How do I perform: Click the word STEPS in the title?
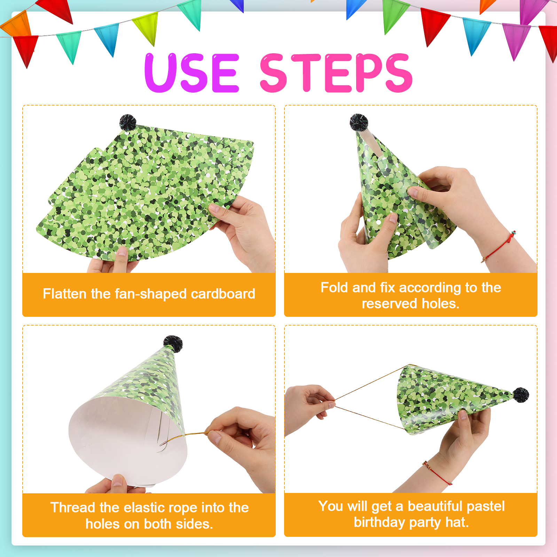point(336,73)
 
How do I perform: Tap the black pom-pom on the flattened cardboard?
point(128,122)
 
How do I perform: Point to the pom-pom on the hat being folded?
point(359,122)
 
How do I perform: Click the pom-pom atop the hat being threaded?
point(173,344)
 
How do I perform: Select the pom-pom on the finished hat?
point(521,395)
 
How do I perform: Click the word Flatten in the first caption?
point(65,294)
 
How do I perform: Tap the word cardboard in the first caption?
point(223,294)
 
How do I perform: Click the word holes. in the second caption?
point(440,304)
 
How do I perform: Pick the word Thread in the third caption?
point(73,508)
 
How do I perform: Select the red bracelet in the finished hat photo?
point(437,473)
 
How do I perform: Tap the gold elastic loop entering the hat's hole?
point(174,439)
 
